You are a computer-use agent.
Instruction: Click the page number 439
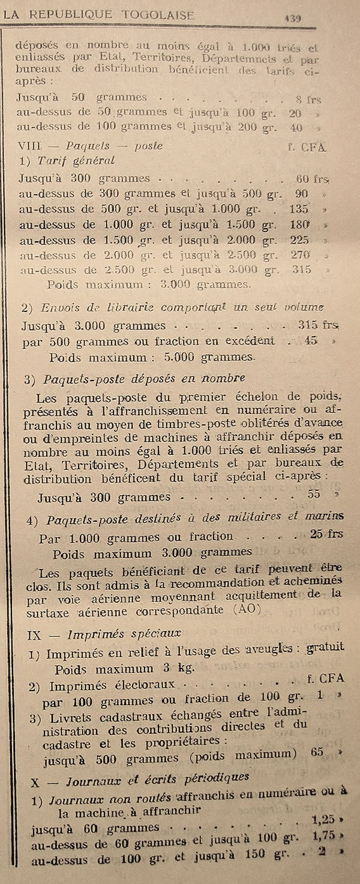[x=292, y=18]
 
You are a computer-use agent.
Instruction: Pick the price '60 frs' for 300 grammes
[x=312, y=178]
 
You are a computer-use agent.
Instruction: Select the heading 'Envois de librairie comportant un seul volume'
[x=182, y=307]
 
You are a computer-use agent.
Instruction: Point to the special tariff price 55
[x=313, y=495]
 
